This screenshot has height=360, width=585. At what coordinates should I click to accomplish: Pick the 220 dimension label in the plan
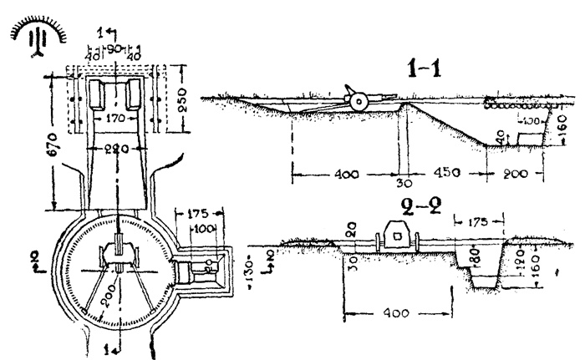(x=119, y=150)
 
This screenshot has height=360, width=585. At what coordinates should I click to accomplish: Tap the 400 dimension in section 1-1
(x=347, y=175)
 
